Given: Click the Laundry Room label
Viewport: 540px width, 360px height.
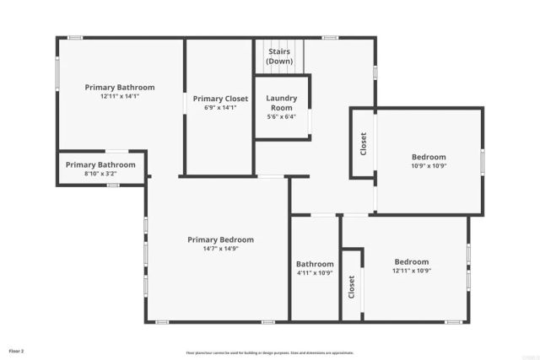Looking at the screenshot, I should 281,103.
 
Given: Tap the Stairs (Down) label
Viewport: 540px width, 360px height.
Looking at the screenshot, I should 279,56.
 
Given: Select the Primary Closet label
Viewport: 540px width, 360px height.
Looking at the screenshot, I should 220,99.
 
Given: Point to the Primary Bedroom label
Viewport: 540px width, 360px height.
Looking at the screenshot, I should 220,239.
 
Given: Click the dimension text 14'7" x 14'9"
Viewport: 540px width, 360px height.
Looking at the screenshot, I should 220,249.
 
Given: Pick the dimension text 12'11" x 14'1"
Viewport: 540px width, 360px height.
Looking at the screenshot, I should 119,96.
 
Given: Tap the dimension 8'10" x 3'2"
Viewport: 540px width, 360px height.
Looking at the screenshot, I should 100,174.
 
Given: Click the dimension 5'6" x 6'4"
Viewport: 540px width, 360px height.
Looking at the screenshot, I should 281,117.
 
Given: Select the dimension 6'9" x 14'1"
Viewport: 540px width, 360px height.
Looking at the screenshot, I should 220,108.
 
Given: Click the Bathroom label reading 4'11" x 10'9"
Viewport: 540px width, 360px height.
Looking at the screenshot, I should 315,264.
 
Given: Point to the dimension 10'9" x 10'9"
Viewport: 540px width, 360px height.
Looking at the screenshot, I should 429,166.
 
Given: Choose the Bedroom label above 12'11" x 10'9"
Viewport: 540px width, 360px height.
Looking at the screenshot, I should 411,261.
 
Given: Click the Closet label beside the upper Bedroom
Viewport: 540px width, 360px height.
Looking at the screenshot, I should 364,143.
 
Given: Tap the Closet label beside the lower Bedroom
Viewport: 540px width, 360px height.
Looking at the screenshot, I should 352,287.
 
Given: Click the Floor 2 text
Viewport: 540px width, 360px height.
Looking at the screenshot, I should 17,350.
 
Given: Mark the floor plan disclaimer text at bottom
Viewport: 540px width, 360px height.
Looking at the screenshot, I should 269,353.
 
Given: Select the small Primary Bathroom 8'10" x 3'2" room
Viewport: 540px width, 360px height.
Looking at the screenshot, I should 101,168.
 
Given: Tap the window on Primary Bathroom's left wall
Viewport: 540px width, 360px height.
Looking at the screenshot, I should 57,75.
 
